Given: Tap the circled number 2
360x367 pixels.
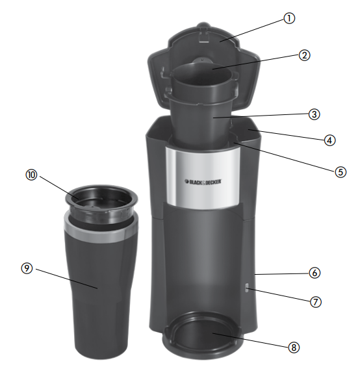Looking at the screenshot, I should (x=303, y=55).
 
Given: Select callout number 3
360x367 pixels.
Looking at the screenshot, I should (x=315, y=114).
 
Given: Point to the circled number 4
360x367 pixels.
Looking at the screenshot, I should (x=329, y=139).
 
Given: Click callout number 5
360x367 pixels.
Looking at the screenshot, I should (x=340, y=172).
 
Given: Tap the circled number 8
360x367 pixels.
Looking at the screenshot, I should (x=294, y=348).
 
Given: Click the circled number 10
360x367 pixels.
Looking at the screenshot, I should (x=30, y=174).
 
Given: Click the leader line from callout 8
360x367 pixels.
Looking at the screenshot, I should (x=253, y=342).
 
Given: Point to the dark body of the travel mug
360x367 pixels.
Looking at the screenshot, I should (x=104, y=292).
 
